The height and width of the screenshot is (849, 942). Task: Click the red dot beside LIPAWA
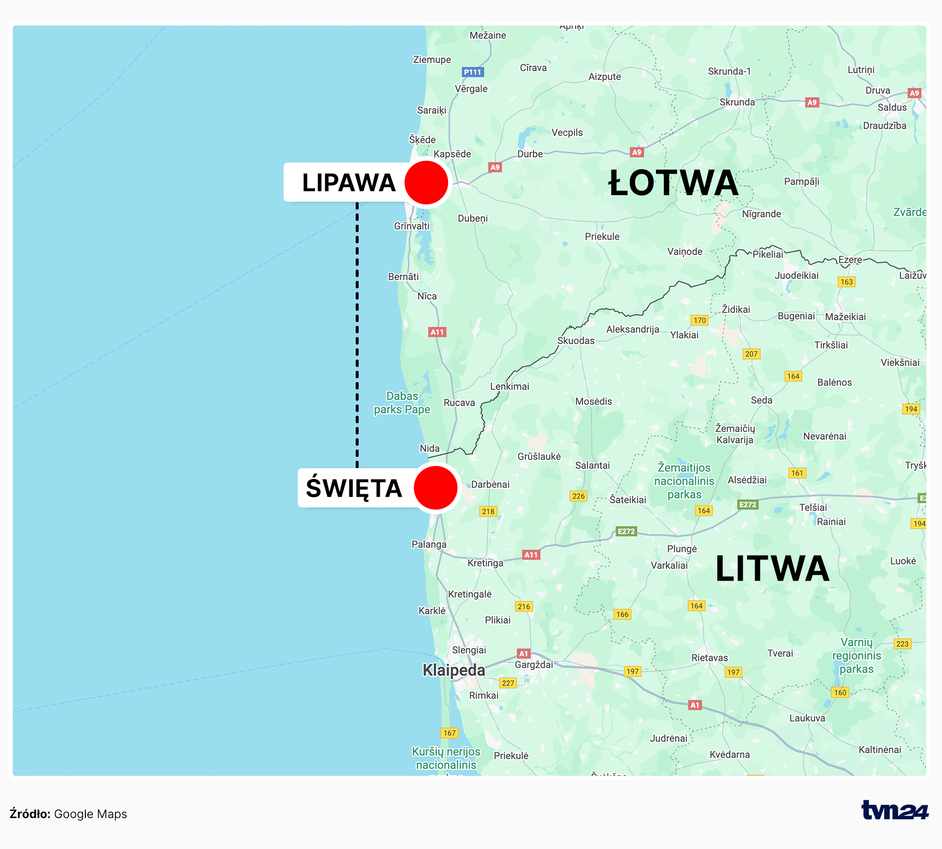point(426,183)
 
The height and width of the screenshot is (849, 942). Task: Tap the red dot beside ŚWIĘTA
point(436,488)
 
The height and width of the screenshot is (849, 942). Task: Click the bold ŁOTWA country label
point(673,183)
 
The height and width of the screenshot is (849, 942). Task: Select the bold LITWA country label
point(772,569)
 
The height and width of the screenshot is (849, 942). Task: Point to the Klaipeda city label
point(454,670)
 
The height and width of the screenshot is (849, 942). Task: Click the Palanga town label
point(429,544)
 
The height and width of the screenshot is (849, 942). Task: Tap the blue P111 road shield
point(473,72)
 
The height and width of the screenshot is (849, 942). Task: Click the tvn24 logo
point(894,810)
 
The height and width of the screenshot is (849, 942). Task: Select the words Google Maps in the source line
point(90,814)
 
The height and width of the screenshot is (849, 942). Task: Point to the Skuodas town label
point(576,341)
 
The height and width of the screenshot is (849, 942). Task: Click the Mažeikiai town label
point(845,317)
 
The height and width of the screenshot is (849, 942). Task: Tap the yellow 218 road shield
point(488,511)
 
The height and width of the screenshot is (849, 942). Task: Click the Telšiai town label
point(813,507)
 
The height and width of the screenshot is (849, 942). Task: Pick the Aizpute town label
point(604,77)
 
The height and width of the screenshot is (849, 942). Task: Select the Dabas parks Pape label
point(402,403)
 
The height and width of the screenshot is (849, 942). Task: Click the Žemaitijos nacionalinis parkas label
point(684,481)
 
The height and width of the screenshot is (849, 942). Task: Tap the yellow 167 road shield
point(449,733)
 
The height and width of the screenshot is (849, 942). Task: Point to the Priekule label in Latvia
point(602,237)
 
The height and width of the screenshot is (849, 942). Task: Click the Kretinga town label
point(485,563)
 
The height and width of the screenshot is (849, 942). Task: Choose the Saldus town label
point(892,107)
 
